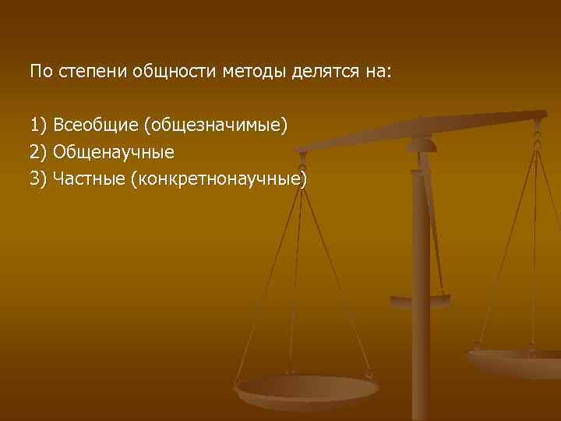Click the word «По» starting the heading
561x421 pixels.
pyautogui.click(x=39, y=73)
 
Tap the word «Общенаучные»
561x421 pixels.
pyautogui.click(x=113, y=152)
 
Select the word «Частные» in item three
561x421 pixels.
pyautogui.click(x=88, y=179)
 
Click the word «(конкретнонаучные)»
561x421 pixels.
pyautogui.click(x=219, y=179)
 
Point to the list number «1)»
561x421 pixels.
pyautogui.click(x=39, y=125)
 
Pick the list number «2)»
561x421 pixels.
pyautogui.click(x=39, y=152)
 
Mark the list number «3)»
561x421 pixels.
pyautogui.click(x=39, y=179)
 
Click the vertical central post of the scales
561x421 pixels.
pyautogui.click(x=421, y=257)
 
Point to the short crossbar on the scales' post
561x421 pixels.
pyautogui.click(x=421, y=298)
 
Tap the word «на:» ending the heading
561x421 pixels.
pyautogui.click(x=379, y=73)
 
